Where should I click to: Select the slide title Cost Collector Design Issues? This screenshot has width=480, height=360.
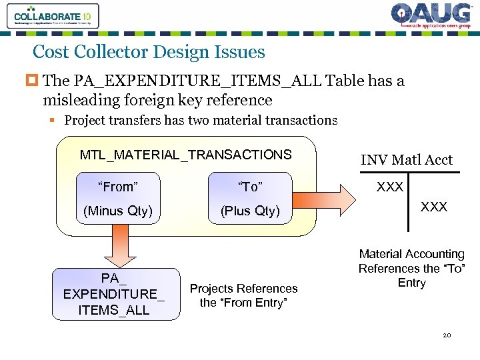tap(149, 52)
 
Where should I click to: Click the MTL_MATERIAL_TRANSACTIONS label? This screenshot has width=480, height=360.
tap(185, 155)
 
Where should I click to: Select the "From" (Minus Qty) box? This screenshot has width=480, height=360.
tap(118, 198)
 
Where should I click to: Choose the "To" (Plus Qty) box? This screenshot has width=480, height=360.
tap(250, 198)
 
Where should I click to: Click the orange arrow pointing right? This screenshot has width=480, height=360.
tap(336, 198)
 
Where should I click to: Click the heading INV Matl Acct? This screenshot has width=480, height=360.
tap(406, 160)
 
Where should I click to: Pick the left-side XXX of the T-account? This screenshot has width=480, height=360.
tap(389, 187)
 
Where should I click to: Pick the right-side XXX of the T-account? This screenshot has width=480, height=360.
tap(433, 207)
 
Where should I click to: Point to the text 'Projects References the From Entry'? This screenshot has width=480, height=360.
tap(243, 295)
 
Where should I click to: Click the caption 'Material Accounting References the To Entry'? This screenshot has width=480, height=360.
tap(411, 268)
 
